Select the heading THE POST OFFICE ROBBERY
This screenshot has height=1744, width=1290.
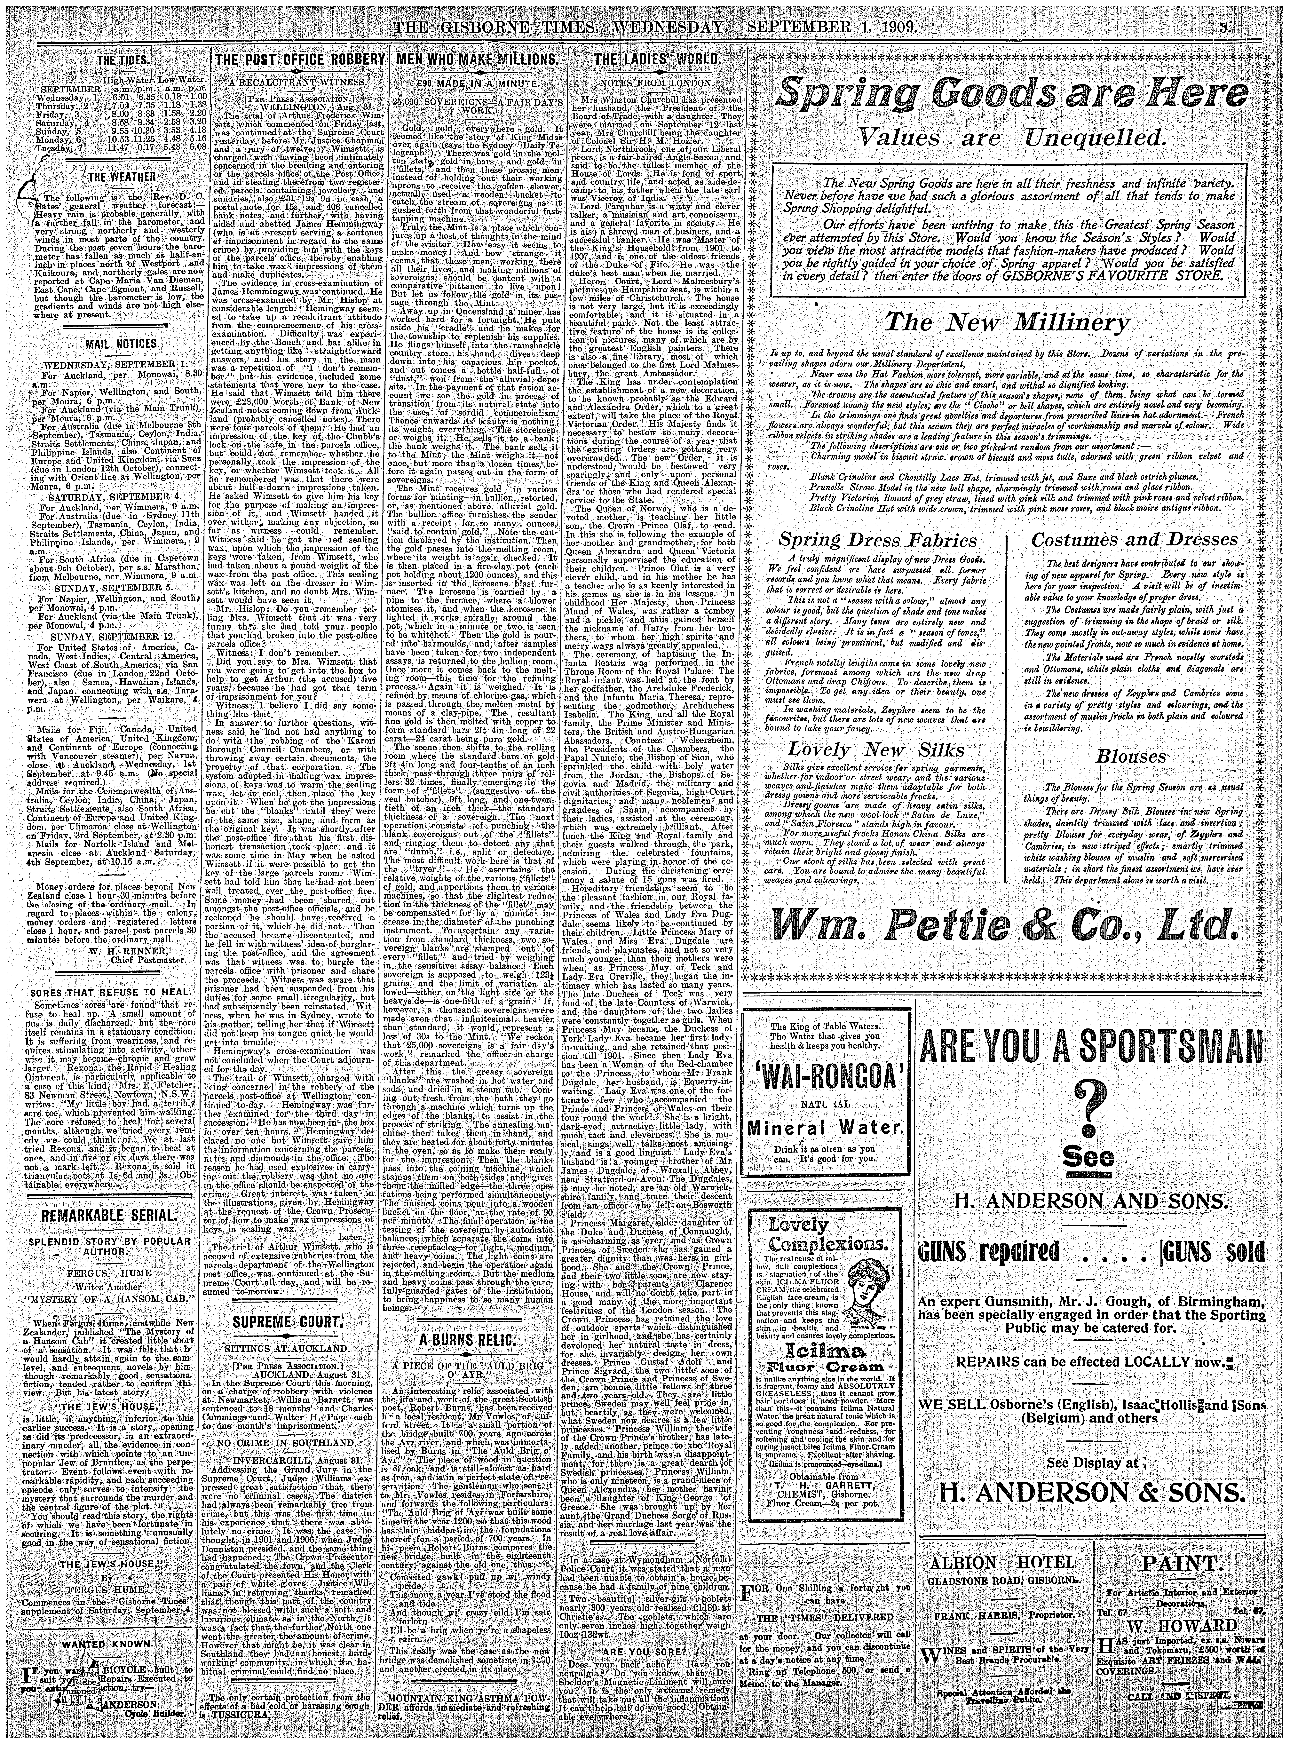tap(300, 61)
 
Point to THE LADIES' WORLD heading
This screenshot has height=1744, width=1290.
tap(654, 61)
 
